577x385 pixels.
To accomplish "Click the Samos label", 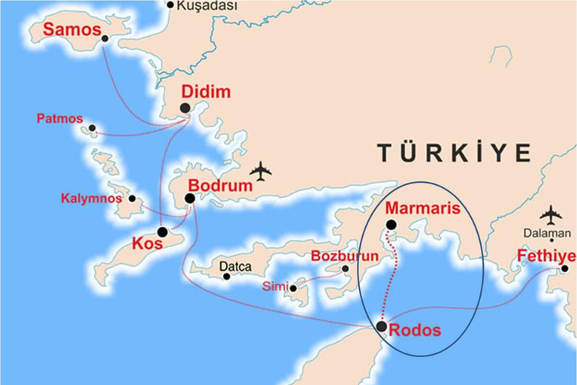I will click(x=72, y=30).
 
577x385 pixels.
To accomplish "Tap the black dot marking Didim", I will click(x=185, y=108).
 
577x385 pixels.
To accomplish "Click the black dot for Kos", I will click(x=162, y=232).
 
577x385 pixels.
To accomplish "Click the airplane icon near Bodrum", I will click(x=261, y=171).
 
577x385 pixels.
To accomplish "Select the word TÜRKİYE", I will click(x=454, y=153).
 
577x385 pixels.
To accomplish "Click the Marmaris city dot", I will click(x=391, y=225).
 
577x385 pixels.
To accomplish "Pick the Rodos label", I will click(x=415, y=330).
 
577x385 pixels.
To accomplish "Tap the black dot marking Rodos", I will click(x=382, y=326).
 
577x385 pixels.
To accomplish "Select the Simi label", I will click(x=274, y=286).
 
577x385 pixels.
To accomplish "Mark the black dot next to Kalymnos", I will click(x=132, y=199).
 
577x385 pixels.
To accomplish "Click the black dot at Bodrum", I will click(x=189, y=199).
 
